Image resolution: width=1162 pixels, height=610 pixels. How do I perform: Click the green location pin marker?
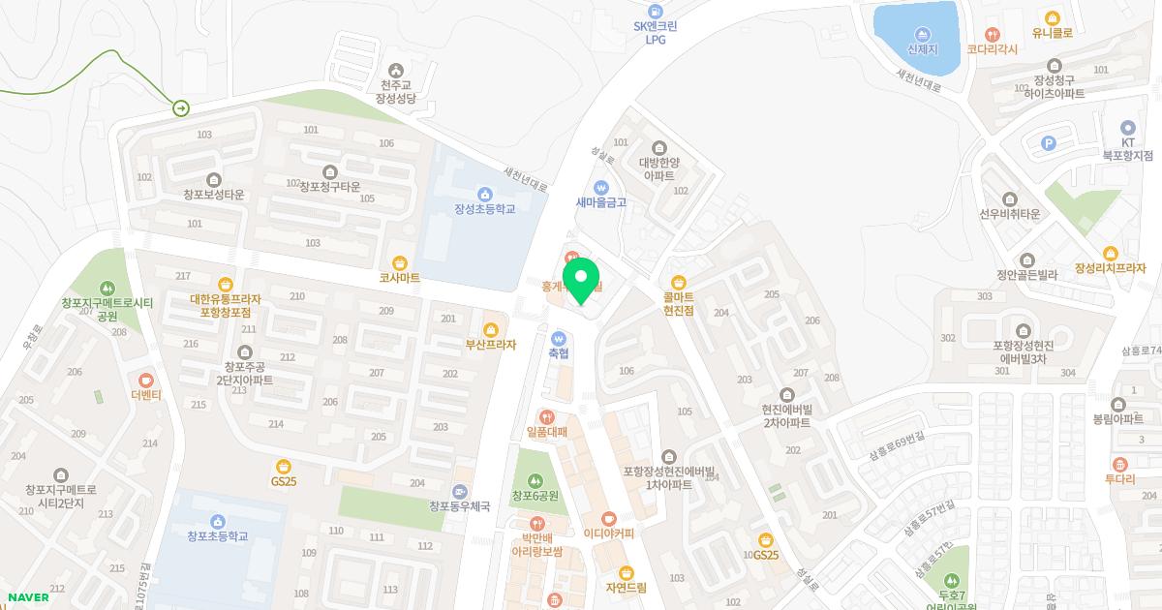tap(580, 278)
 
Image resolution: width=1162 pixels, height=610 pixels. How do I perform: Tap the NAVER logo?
tap(28, 596)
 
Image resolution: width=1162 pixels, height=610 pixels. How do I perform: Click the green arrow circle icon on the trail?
tap(181, 108)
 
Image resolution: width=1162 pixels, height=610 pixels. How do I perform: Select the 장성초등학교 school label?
tap(484, 208)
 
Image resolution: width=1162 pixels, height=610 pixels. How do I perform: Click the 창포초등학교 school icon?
tap(218, 521)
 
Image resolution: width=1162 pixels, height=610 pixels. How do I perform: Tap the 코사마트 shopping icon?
tap(399, 262)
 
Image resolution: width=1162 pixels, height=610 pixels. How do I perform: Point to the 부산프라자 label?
tap(490, 344)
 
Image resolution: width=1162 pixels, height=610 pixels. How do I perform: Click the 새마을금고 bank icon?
tap(600, 187)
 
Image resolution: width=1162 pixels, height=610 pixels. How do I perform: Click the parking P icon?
tap(1047, 143)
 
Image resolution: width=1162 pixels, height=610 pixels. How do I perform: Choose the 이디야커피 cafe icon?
tap(608, 518)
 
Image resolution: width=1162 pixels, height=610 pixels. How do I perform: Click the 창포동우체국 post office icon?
tap(460, 491)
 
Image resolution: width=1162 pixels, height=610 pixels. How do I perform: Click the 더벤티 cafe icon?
tap(146, 381)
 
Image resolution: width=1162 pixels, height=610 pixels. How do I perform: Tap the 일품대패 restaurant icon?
tap(546, 417)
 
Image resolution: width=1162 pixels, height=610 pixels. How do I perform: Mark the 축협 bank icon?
tap(558, 338)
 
